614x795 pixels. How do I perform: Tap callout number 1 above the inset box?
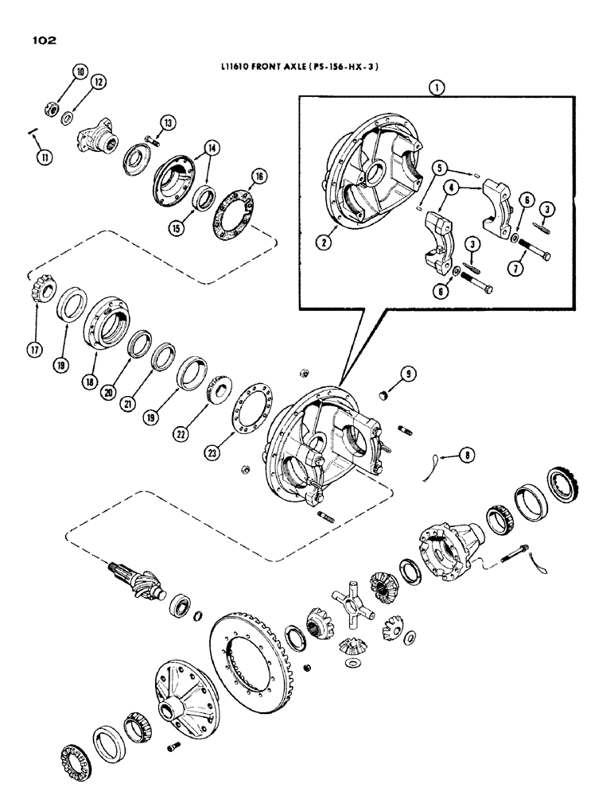tap(434, 89)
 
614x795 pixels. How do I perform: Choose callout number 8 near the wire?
tap(468, 455)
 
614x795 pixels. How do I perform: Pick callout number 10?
tap(80, 72)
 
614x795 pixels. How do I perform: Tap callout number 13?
tap(166, 122)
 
